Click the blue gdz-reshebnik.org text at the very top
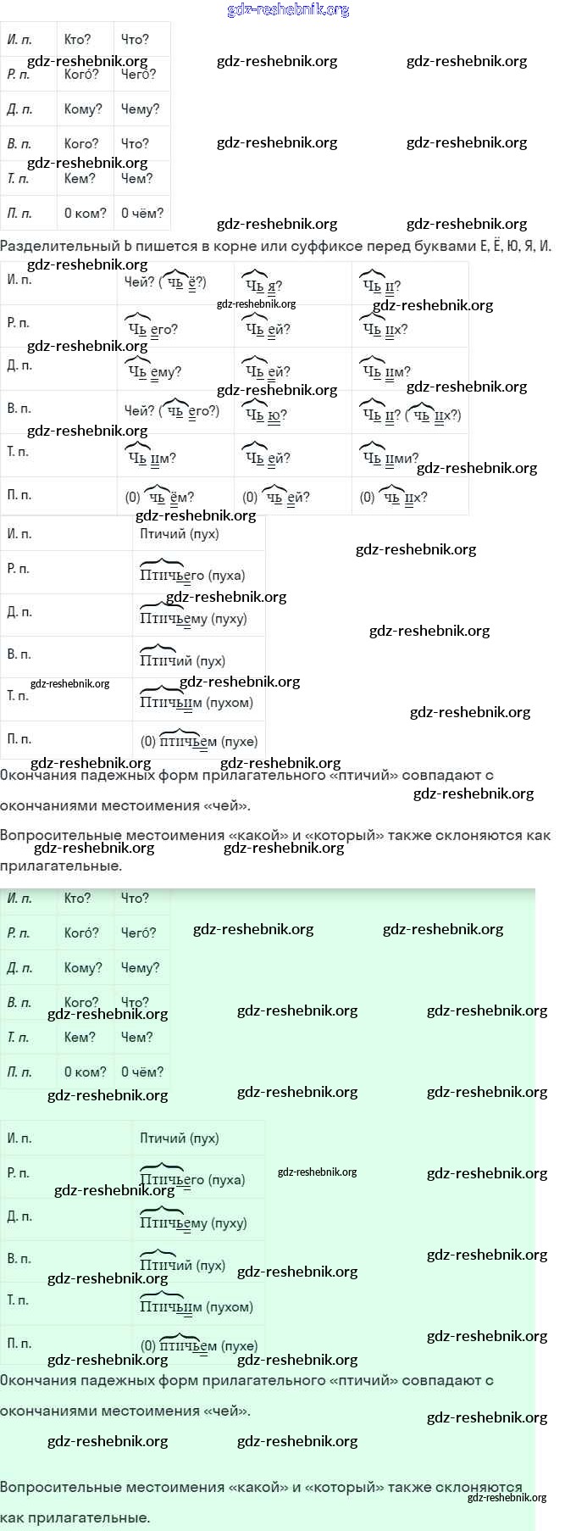click(x=288, y=9)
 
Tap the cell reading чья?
click(x=263, y=285)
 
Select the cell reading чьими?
click(x=390, y=458)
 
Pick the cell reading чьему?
click(x=154, y=371)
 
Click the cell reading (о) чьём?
click(x=160, y=497)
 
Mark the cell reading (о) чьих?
click(x=395, y=497)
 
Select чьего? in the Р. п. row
click(x=152, y=329)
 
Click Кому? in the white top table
click(x=83, y=109)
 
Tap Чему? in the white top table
click(x=140, y=109)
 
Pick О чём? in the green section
click(x=142, y=1072)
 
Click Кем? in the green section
click(x=80, y=1037)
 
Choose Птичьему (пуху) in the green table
click(x=193, y=1222)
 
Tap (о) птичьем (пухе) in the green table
click(x=199, y=1345)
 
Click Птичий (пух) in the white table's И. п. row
click(x=180, y=533)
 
